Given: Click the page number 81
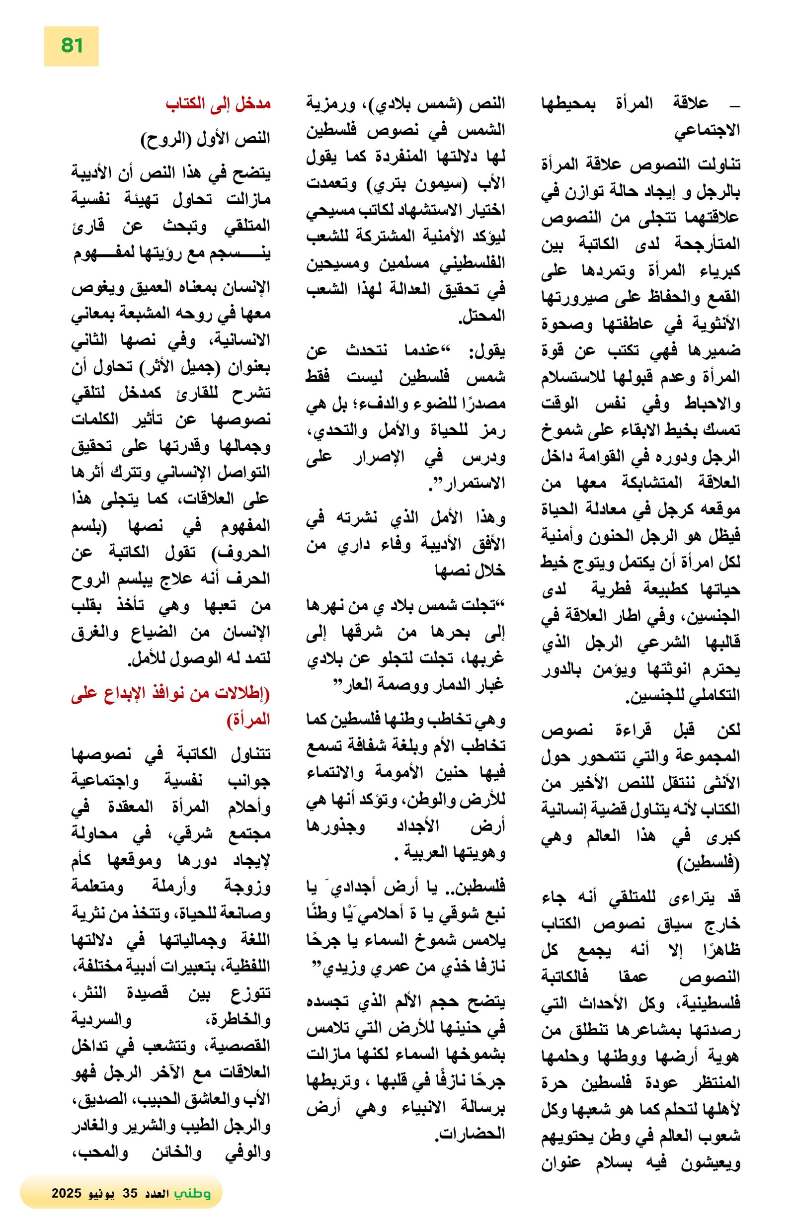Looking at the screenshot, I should point(72,45).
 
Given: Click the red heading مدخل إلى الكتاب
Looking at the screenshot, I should point(218,103).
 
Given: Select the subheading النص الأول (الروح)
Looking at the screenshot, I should point(205,138).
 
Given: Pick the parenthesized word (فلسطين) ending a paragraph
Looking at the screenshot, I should point(709,862).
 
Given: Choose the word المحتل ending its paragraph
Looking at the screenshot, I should point(481,316).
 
